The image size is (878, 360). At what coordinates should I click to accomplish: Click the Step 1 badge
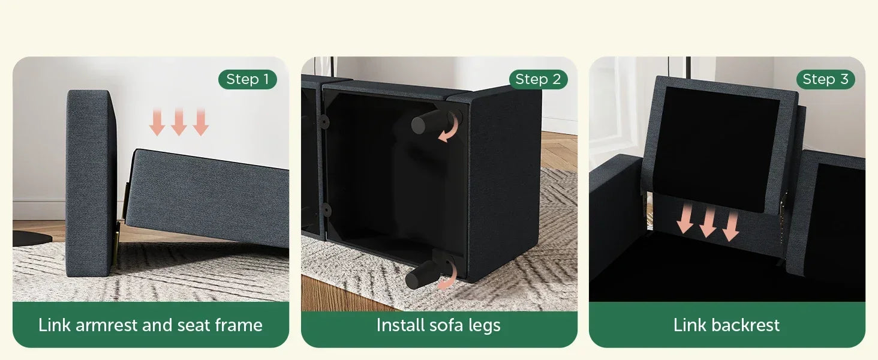247,79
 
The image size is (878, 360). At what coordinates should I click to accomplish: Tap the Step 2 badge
538,79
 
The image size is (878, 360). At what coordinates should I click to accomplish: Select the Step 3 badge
825,79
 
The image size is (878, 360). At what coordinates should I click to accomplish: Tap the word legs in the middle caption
484,325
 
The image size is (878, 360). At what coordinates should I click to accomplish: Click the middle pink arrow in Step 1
179,122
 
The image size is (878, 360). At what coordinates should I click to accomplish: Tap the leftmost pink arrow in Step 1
157,122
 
